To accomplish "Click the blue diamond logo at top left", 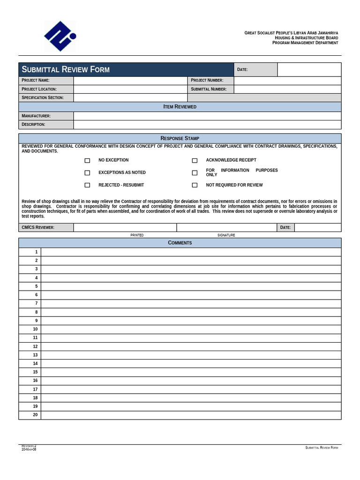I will click(x=60, y=36).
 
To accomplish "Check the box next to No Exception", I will click(x=87, y=160).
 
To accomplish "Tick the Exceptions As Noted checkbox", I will click(x=87, y=172).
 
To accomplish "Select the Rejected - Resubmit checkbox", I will click(x=87, y=185).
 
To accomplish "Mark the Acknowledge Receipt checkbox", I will click(x=195, y=160).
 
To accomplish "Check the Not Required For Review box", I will click(x=195, y=185).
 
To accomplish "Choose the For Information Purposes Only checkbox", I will click(x=195, y=172).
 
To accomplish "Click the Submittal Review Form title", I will click(x=66, y=70).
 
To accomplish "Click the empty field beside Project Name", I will click(x=130, y=81).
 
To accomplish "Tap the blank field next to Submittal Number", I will click(x=287, y=89).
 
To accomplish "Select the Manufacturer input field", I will click(x=207, y=116).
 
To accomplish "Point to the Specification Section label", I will click(x=42, y=98).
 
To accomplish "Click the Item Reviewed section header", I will click(x=180, y=107).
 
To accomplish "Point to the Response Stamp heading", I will click(x=180, y=138).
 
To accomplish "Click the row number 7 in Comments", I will click(x=36, y=304).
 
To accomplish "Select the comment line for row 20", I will click(x=191, y=415).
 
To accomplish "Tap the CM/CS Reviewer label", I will click(x=38, y=227).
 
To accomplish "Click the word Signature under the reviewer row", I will click(x=226, y=235).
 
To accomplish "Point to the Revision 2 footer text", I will click(x=29, y=446).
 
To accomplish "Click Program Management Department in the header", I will click(x=305, y=43).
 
